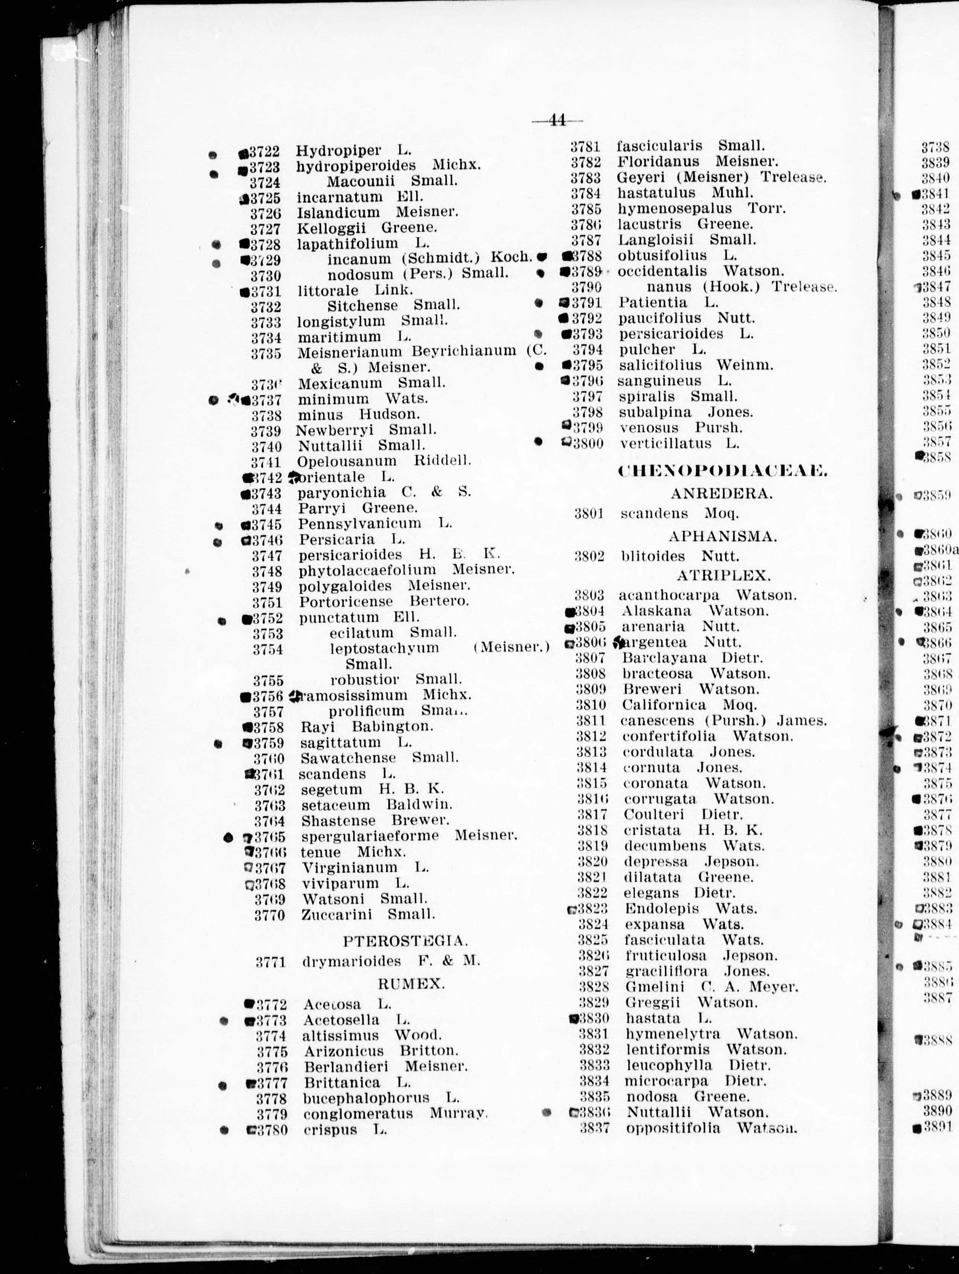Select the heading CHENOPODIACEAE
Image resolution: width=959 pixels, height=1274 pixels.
(722, 471)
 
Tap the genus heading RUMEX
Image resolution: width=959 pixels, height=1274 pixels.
(411, 984)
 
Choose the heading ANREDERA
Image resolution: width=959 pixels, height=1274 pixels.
(721, 493)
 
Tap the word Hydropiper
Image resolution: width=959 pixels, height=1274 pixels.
(338, 151)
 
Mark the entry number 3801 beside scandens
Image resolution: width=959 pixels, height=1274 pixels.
(589, 513)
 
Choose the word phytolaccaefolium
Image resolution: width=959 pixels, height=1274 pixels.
(367, 571)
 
